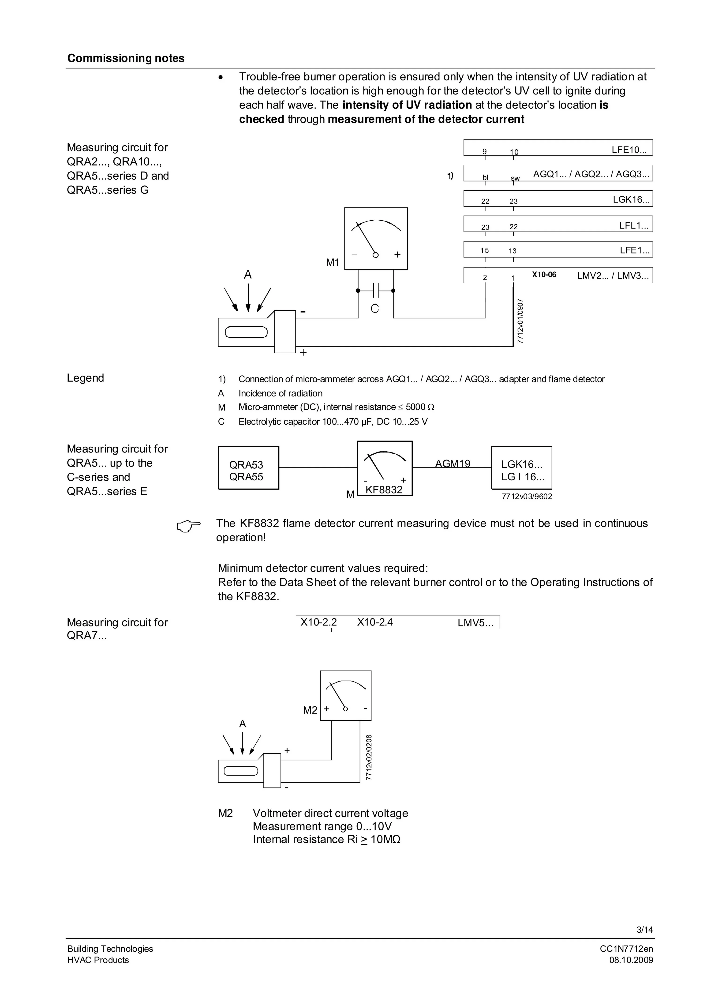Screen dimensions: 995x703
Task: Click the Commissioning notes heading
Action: [126, 59]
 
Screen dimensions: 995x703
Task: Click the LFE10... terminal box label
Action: [629, 150]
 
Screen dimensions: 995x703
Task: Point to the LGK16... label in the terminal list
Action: [631, 200]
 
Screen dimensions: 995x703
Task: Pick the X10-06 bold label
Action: [544, 275]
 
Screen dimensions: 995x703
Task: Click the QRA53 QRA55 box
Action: [248, 468]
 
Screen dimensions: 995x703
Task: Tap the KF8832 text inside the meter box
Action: [384, 490]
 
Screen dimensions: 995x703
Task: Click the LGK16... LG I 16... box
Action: [522, 468]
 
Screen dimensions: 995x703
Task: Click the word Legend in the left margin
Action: [85, 378]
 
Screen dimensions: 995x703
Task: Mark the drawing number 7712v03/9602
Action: [527, 497]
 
